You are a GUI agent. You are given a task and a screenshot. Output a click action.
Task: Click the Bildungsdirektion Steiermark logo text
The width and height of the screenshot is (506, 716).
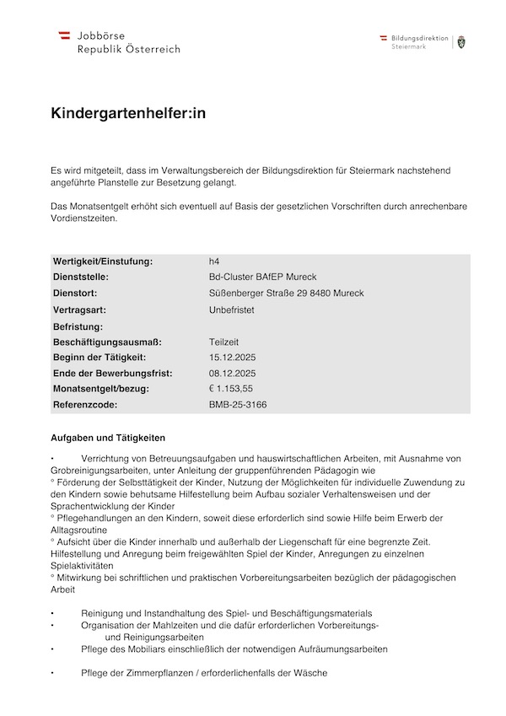[419, 42]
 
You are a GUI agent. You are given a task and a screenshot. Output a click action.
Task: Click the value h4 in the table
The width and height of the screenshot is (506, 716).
[214, 261]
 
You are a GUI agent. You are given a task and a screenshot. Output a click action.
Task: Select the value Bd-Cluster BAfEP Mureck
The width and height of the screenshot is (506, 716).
[262, 277]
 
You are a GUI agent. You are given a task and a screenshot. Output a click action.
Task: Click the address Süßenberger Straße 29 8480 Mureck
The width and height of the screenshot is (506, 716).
[286, 293]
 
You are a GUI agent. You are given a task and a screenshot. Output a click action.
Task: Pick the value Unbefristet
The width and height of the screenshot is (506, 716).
[231, 310]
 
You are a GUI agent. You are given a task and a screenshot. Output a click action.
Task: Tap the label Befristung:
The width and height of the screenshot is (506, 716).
[78, 326]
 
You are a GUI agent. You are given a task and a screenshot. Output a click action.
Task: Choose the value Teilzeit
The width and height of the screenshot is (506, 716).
[223, 342]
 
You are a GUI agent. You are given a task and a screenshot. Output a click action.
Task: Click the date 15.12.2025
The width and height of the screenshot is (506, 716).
[232, 358]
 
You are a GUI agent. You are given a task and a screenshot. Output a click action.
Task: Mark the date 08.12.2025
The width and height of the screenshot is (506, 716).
[232, 374]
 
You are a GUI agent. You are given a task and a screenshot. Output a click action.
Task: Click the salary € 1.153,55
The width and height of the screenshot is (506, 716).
[230, 389]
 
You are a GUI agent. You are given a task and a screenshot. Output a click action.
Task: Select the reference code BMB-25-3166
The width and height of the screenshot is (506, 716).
[239, 405]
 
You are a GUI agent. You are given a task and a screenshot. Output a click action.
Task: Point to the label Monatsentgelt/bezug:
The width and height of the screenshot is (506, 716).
[100, 389]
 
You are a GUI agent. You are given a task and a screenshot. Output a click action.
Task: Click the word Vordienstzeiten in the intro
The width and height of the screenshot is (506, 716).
[84, 218]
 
